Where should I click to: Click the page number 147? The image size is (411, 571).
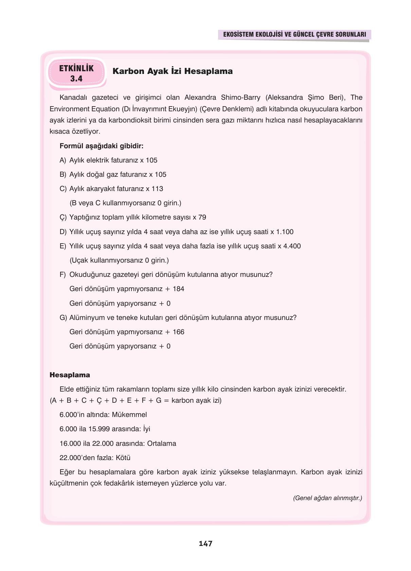[205, 544]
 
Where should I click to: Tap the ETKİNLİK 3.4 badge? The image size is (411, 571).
[76, 73]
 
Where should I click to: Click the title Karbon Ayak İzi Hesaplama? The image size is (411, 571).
[173, 71]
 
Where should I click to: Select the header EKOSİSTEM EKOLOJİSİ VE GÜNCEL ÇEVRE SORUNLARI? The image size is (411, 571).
[294, 35]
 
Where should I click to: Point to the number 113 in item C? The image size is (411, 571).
[157, 189]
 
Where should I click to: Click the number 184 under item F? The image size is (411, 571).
[178, 289]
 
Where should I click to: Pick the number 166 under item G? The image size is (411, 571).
[178, 332]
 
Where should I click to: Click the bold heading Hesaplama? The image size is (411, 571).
[70, 375]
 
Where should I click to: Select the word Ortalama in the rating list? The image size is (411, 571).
[161, 443]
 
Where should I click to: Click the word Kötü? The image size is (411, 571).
[123, 458]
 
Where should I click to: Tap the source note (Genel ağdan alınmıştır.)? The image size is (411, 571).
[327, 498]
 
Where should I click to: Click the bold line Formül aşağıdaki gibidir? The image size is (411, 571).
[101, 146]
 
